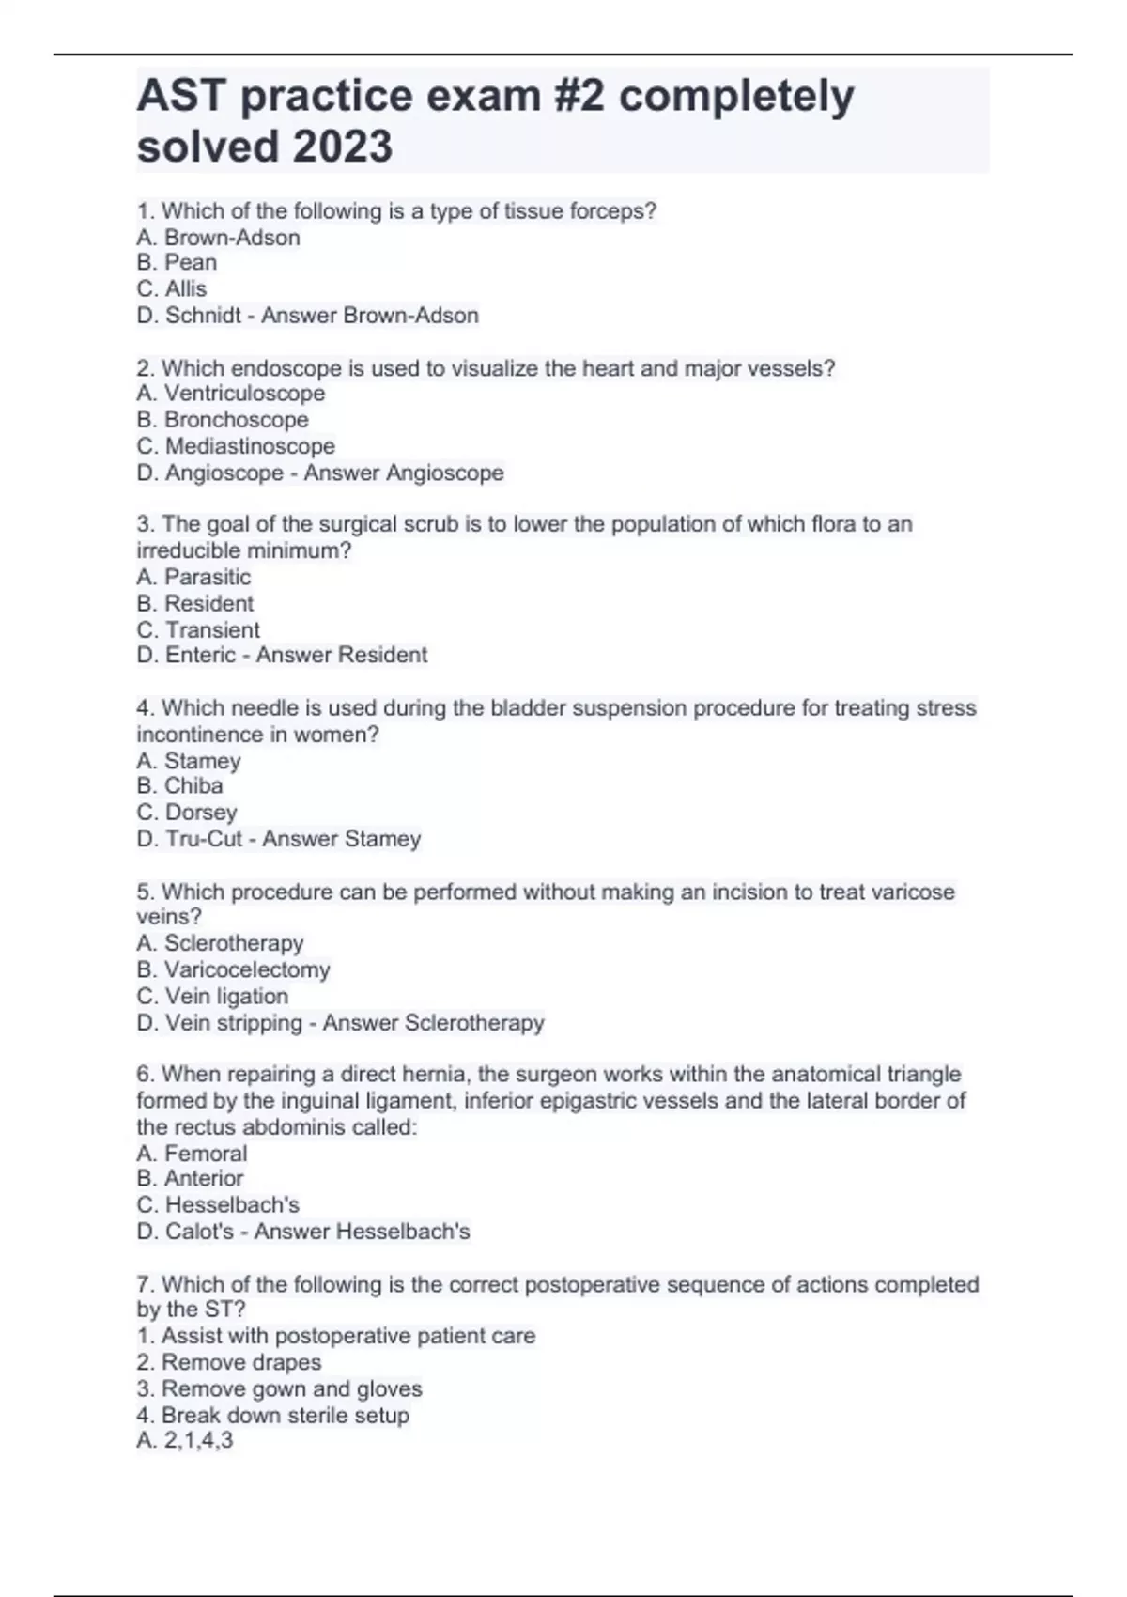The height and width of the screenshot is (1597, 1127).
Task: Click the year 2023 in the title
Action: [x=343, y=147]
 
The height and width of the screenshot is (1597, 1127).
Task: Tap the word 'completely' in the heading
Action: [x=736, y=96]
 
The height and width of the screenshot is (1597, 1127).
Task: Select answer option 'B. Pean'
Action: [x=177, y=262]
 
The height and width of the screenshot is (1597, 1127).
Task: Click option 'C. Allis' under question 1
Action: [x=172, y=288]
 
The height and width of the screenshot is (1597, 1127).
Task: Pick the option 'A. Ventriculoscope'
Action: [x=231, y=394]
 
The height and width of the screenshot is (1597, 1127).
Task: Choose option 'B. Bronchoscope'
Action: [x=223, y=420]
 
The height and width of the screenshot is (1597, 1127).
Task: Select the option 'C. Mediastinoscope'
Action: [x=236, y=446]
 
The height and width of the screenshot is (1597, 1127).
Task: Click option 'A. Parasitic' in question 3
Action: [x=193, y=577]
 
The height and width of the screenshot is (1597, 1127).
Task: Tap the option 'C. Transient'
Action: [x=198, y=629]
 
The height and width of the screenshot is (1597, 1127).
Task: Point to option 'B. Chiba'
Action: [x=179, y=786]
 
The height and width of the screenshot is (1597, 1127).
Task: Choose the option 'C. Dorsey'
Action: [x=187, y=813]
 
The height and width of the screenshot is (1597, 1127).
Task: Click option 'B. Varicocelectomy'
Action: [x=233, y=969]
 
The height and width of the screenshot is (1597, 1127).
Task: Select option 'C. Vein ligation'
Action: [x=212, y=996]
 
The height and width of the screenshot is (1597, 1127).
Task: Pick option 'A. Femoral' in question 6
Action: [x=192, y=1153]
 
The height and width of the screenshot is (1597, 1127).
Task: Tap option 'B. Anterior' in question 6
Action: [x=190, y=1179]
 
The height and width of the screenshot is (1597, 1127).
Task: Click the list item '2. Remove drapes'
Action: [x=228, y=1362]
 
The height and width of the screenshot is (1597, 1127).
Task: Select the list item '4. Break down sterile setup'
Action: [x=272, y=1415]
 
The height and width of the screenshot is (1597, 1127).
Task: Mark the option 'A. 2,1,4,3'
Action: [x=185, y=1441]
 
